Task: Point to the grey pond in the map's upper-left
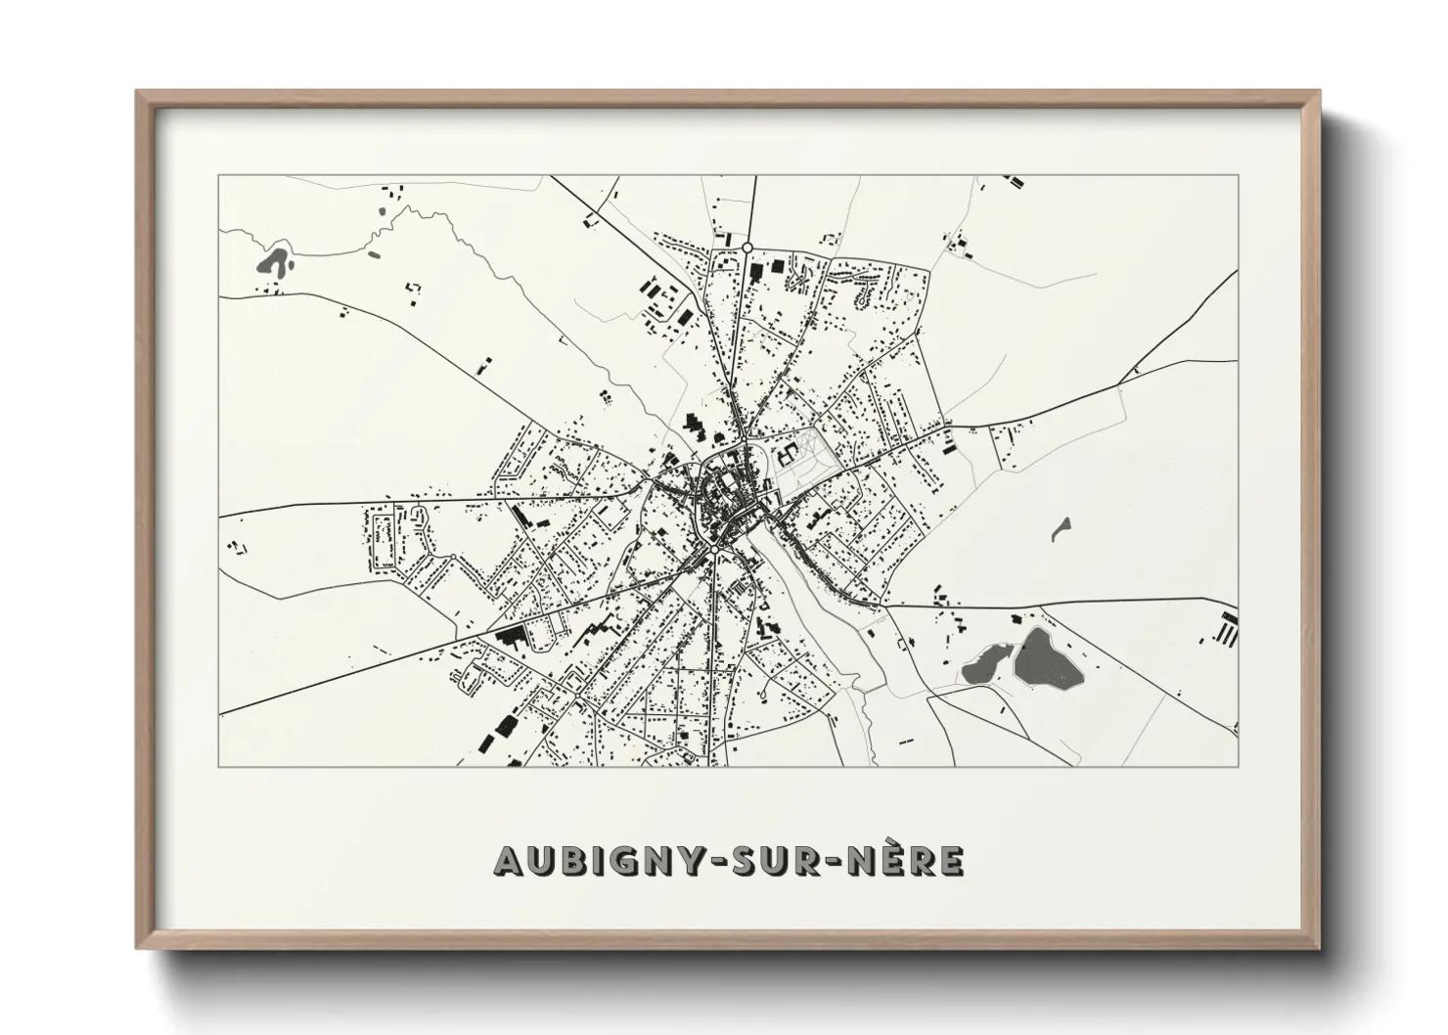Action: point(275,261)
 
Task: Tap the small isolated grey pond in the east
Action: point(1060,529)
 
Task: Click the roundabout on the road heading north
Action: point(747,247)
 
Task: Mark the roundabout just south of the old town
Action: point(715,551)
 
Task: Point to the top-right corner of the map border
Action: point(1239,176)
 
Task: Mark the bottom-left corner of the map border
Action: point(219,766)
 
